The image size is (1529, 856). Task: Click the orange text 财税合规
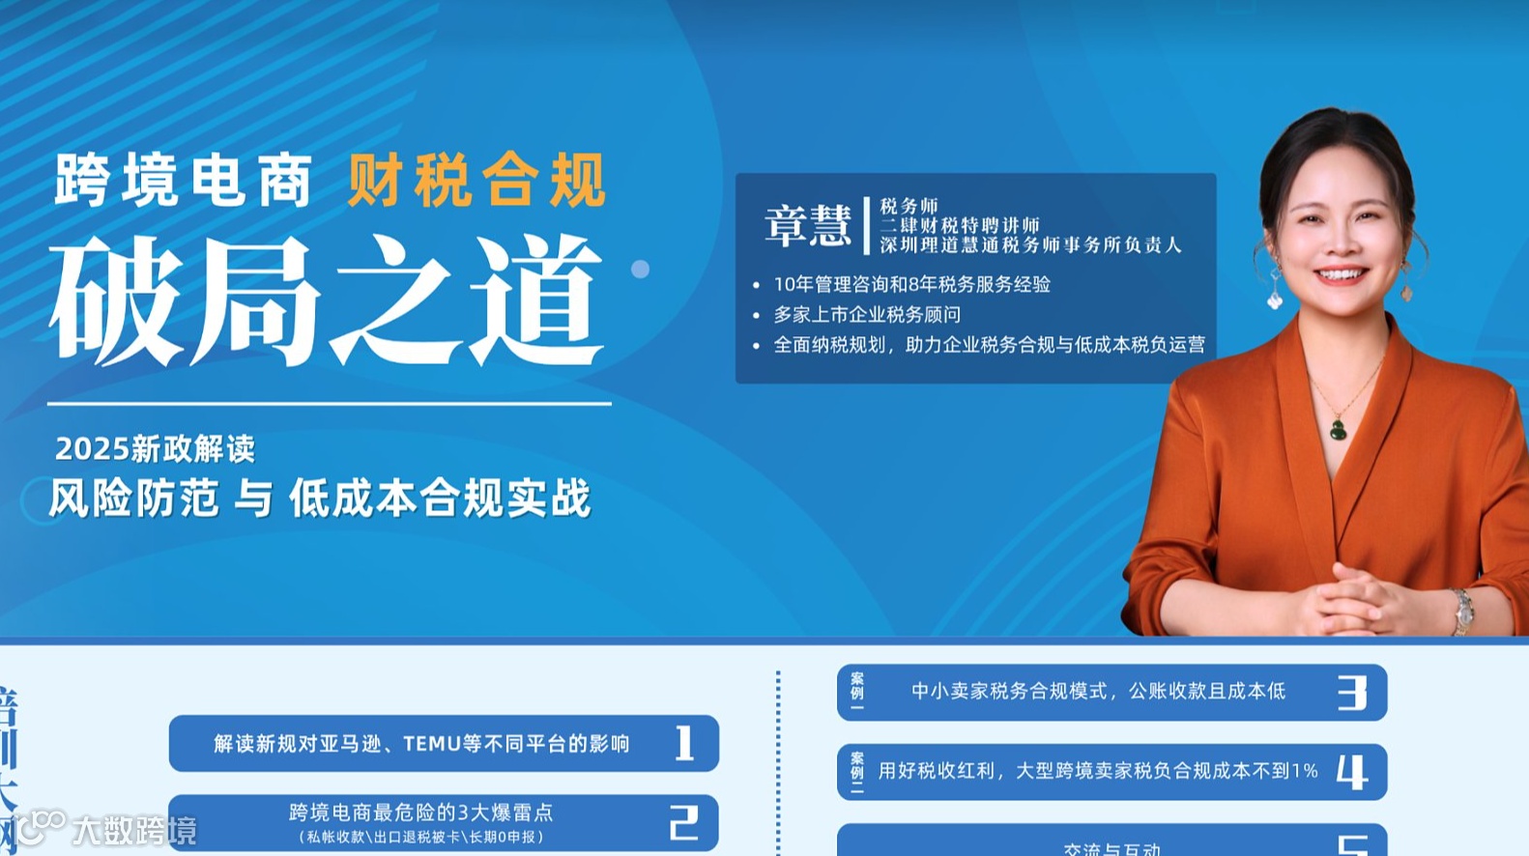point(476,180)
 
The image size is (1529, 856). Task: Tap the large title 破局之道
point(327,300)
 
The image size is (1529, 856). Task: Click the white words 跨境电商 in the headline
point(184,180)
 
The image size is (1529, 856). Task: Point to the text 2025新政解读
point(155,448)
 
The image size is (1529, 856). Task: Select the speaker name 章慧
point(807,225)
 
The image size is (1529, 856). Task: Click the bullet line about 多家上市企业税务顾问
point(866,315)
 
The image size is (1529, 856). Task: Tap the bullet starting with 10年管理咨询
point(910,284)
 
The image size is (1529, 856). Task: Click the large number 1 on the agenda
point(684,743)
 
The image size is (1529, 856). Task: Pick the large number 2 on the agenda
point(684,822)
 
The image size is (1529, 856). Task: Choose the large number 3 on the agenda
point(1352,692)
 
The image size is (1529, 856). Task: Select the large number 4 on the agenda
point(1352,771)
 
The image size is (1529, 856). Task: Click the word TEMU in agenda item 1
point(431,744)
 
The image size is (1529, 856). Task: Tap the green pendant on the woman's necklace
point(1338,428)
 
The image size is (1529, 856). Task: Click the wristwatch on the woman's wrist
point(1462,609)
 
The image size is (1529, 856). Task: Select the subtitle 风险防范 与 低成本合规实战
point(319,499)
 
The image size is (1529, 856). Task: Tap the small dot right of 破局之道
point(640,270)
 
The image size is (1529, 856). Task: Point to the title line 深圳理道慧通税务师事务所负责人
point(1030,245)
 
